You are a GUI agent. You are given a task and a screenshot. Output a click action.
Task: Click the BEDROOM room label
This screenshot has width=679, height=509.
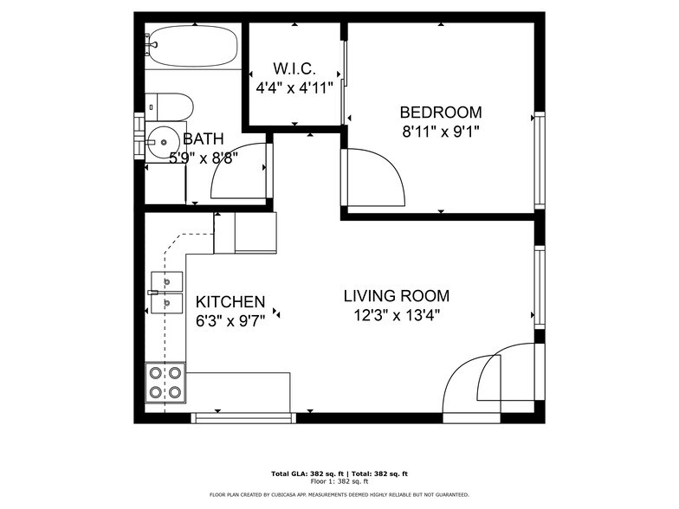point(440,113)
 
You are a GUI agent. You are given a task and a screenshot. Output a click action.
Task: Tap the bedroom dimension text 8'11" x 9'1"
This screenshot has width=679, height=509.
point(440,132)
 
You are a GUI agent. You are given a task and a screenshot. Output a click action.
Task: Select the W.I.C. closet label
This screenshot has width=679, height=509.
point(294,68)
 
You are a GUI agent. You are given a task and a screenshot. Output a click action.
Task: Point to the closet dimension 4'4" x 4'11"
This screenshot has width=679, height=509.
point(294,87)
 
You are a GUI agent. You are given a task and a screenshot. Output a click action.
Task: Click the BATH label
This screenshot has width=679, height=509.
point(203,139)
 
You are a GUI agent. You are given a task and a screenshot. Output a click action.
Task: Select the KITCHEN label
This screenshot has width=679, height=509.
point(230,302)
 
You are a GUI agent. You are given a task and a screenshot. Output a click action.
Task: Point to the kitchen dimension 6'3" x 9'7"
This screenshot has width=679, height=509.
point(230,321)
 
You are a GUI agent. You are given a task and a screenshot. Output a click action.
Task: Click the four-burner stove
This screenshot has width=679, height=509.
point(165,382)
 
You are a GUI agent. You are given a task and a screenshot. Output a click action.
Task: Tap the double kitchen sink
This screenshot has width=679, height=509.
point(166,293)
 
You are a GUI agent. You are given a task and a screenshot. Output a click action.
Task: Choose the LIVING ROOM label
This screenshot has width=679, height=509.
point(396,296)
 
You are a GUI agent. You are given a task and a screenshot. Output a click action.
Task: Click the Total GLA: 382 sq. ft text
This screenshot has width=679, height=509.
point(307,474)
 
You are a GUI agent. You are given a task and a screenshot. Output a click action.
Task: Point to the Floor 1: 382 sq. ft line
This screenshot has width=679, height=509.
point(339,481)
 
